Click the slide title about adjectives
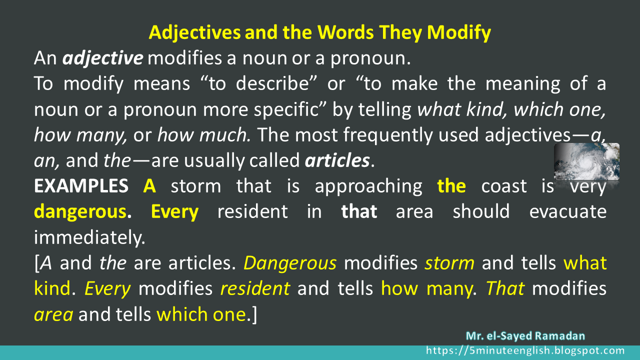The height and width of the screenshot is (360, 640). point(320,33)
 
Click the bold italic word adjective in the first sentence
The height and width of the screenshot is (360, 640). point(103,59)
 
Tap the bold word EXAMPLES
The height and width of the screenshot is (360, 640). point(80,186)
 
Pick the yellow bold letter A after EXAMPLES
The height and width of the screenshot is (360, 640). point(149,186)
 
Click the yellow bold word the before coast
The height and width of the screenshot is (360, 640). point(451,186)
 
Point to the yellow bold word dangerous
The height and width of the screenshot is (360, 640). point(79,212)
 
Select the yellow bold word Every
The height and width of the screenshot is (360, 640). point(174,212)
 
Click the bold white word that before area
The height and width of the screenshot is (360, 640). point(359,212)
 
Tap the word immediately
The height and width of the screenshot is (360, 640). point(89,237)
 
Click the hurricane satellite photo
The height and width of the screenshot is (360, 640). point(586,161)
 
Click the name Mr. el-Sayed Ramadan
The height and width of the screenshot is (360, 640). point(525,336)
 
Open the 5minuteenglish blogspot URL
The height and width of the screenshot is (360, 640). point(525,351)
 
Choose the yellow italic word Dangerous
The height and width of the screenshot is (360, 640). point(290,263)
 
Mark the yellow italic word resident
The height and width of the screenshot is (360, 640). point(255,288)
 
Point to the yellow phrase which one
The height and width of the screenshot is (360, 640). point(201,314)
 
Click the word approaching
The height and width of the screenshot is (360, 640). point(368,186)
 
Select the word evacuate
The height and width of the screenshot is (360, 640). point(567,212)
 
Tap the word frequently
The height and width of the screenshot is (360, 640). point(373,135)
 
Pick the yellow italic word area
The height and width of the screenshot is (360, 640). point(53,314)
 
